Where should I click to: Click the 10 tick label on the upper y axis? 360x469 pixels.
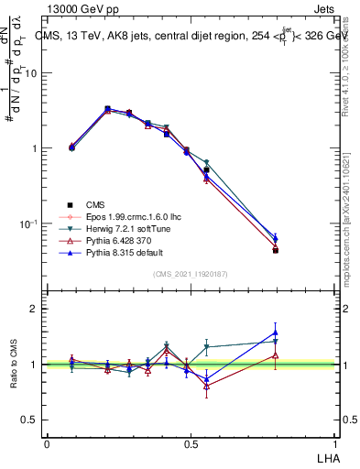click(x=30, y=73)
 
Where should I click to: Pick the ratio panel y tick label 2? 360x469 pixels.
click(x=34, y=309)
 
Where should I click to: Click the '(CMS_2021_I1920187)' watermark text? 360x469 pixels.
click(x=190, y=273)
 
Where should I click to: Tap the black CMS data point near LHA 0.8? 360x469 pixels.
click(x=275, y=250)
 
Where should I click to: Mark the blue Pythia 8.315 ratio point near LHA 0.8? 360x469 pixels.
click(x=275, y=333)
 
